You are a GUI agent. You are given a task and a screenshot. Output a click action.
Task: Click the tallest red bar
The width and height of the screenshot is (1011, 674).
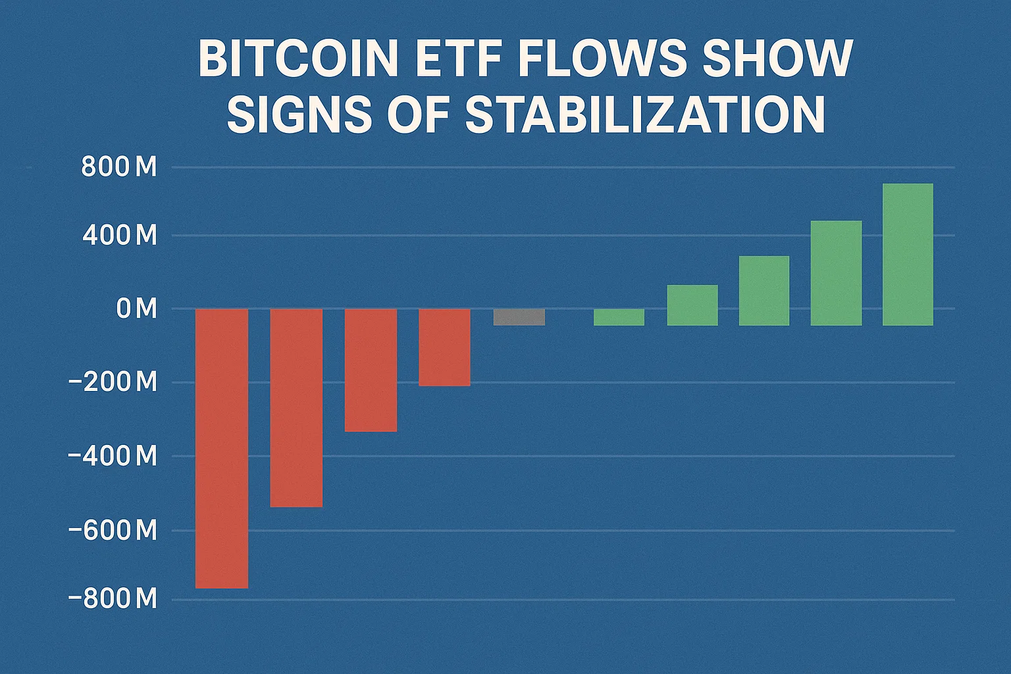tap(222, 448)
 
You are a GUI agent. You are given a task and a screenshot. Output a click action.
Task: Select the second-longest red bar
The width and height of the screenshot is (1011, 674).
tap(296, 408)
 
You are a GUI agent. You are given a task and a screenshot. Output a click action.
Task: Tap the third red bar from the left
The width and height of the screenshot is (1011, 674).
tap(371, 370)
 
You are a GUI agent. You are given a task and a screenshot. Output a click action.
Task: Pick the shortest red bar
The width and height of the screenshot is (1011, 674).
tap(444, 347)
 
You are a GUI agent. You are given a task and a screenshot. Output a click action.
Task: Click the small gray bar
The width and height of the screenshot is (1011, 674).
tap(519, 317)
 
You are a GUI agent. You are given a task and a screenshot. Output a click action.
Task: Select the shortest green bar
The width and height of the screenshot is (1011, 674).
tap(619, 317)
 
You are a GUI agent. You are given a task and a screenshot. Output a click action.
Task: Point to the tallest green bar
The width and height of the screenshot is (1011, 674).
tap(908, 255)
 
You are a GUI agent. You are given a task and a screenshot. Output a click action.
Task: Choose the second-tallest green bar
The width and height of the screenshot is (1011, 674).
tap(836, 273)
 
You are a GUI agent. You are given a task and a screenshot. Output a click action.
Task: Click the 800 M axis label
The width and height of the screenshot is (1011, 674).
tap(119, 168)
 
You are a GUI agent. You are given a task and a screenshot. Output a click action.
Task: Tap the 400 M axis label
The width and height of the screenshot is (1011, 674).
tap(119, 236)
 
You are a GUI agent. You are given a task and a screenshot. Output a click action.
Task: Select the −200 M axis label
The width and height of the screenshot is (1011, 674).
tap(113, 382)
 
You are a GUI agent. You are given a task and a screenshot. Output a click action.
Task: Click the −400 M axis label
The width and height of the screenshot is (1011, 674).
tap(113, 456)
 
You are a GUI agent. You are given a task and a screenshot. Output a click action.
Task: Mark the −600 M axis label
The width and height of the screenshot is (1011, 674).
tap(113, 531)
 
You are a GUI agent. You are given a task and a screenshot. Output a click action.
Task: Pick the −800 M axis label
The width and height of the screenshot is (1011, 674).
tap(113, 600)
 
